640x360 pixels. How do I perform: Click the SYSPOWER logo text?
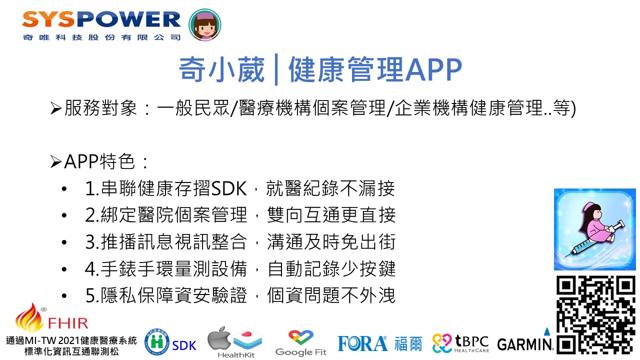tap(101, 19)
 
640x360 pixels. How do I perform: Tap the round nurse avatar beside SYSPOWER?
tap(205, 25)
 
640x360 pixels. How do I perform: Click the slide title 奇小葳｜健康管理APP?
tap(320, 69)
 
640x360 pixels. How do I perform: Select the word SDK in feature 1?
tap(229, 188)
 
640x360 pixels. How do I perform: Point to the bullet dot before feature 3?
tap(64, 242)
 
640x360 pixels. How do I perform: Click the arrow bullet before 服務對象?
tap(56, 108)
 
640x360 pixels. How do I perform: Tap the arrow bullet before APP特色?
tap(56, 162)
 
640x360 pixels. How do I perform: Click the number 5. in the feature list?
tap(92, 295)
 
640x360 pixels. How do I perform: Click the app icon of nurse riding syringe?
tap(595, 229)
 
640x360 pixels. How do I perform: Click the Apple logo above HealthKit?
tap(219, 338)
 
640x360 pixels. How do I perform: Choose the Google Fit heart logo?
tap(301, 337)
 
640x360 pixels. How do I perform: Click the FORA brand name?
tap(362, 343)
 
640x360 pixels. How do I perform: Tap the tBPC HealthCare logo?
tap(460, 343)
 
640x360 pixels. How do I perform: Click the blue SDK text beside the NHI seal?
tap(184, 345)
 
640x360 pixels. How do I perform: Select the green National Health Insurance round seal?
tap(157, 341)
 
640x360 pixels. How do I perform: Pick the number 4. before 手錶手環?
tap(92, 269)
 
